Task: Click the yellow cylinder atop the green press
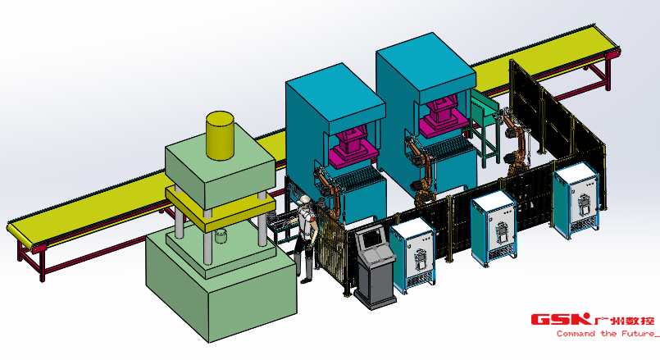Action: click(x=220, y=135)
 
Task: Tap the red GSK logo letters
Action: click(x=561, y=319)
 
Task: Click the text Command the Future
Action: click(x=606, y=334)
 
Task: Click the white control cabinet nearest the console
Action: click(x=412, y=256)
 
